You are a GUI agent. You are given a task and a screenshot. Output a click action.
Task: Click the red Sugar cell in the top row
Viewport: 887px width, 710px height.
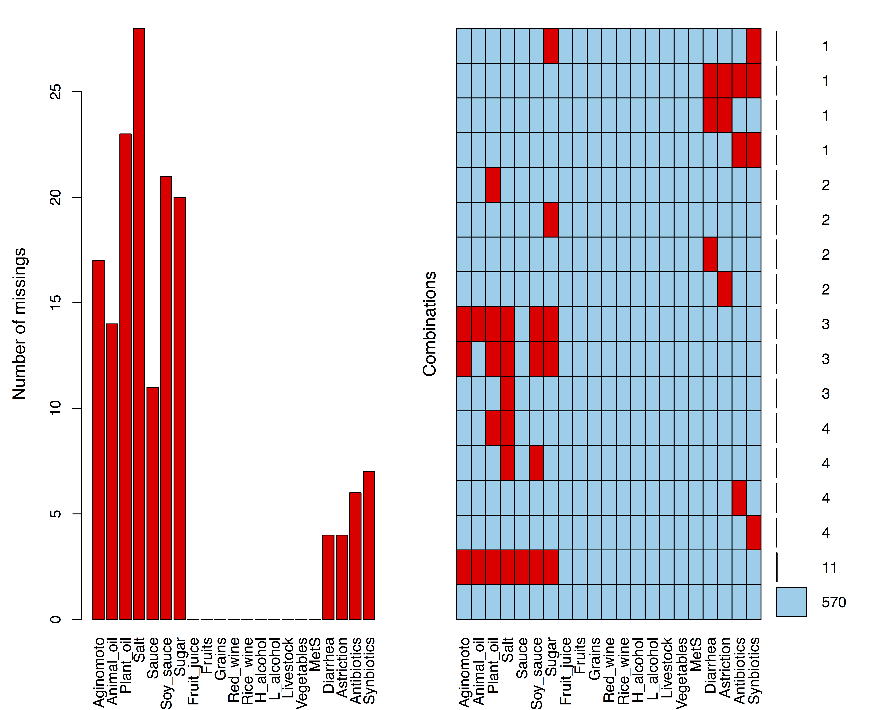click(x=551, y=46)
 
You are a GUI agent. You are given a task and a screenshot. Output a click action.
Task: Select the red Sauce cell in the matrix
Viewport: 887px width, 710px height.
click(x=522, y=567)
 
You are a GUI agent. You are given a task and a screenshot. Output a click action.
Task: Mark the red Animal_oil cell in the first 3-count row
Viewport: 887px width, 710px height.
click(x=478, y=324)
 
